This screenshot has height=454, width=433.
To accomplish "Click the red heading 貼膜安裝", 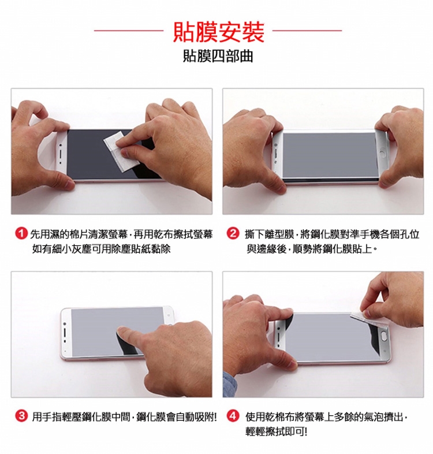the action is point(219,32).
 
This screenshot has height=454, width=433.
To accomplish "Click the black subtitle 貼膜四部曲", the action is point(218,56).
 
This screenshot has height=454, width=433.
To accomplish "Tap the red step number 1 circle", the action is point(21,234).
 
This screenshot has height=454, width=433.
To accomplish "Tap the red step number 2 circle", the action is point(232,234).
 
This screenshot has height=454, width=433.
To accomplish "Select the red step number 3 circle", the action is point(21,416).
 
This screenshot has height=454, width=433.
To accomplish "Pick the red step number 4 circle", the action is point(232,416).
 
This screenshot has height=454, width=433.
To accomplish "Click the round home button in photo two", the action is point(383,153).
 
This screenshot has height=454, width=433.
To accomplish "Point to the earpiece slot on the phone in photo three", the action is point(65,333).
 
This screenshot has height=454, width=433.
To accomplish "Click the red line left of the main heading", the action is point(129,30).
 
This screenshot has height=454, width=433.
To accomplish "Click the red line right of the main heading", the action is point(307,30).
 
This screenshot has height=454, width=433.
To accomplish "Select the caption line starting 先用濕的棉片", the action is point(122,234).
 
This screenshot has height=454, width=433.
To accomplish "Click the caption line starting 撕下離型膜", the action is point(332,234).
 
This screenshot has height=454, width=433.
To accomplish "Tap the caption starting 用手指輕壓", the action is point(125,417).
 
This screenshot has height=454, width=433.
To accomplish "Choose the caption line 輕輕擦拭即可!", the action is point(276,431).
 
